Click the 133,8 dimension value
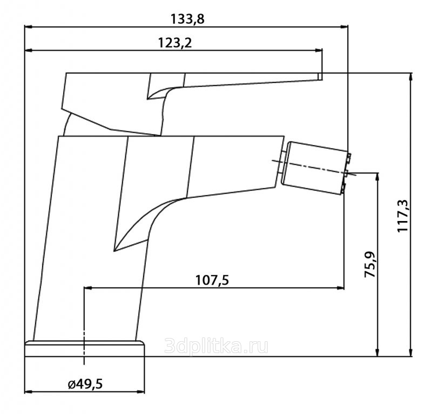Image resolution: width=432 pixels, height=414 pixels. coord(187,19)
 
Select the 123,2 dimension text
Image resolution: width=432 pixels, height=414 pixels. coord(175,43)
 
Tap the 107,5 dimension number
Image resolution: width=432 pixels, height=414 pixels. coord(212,280)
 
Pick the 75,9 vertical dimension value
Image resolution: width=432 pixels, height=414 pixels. coord(370,264)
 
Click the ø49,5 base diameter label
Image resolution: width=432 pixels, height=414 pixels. coord(85,384)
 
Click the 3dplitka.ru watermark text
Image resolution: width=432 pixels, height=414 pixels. coord(217,346)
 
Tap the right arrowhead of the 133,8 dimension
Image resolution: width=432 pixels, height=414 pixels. coord(345,27)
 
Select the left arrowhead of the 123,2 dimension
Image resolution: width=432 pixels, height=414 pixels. coord(29,51)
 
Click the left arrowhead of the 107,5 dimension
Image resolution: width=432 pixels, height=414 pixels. coord(87,288)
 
